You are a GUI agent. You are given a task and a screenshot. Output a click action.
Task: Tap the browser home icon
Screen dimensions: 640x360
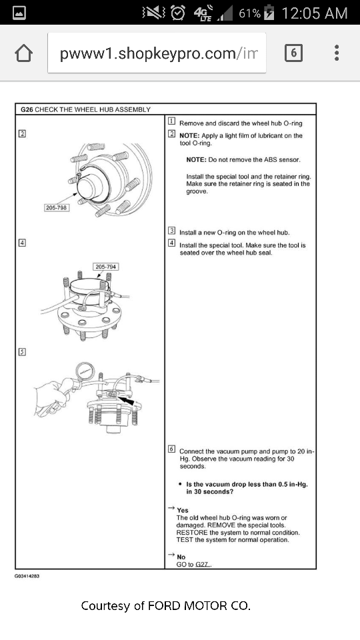coord(23,53)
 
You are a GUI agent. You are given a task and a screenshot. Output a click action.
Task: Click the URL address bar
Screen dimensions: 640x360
coord(157,53)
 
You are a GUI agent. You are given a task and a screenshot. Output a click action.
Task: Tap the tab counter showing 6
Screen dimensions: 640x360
coord(293,53)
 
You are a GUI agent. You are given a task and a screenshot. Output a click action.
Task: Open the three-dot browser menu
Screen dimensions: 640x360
coord(337,53)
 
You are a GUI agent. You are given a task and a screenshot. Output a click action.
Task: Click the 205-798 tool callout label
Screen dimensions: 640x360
coord(56,207)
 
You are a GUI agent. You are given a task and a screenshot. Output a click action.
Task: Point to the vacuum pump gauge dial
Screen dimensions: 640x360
coord(84,371)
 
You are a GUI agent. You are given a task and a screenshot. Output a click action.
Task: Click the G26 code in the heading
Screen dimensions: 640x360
coord(26,109)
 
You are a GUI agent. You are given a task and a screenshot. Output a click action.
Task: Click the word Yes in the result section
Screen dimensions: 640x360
coord(183,511)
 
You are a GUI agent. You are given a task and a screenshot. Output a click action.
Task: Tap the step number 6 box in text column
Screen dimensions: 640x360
coord(171,451)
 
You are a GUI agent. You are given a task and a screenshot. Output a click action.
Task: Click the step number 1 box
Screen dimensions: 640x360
coord(171,123)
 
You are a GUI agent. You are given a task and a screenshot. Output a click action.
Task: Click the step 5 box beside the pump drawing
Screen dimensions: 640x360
coord(22,352)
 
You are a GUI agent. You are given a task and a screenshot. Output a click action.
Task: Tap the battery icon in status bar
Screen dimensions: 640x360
coord(269,13)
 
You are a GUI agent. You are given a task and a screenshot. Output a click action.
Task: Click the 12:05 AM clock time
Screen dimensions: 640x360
coord(315,13)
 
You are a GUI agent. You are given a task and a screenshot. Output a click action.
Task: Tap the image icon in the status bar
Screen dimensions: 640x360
coord(20,13)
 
